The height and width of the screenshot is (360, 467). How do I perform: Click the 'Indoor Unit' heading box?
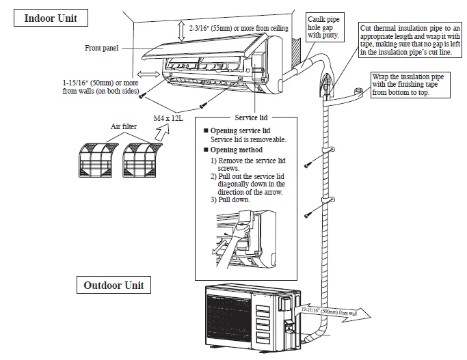[50, 18]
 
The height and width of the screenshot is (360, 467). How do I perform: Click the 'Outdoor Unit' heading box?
[114, 284]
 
